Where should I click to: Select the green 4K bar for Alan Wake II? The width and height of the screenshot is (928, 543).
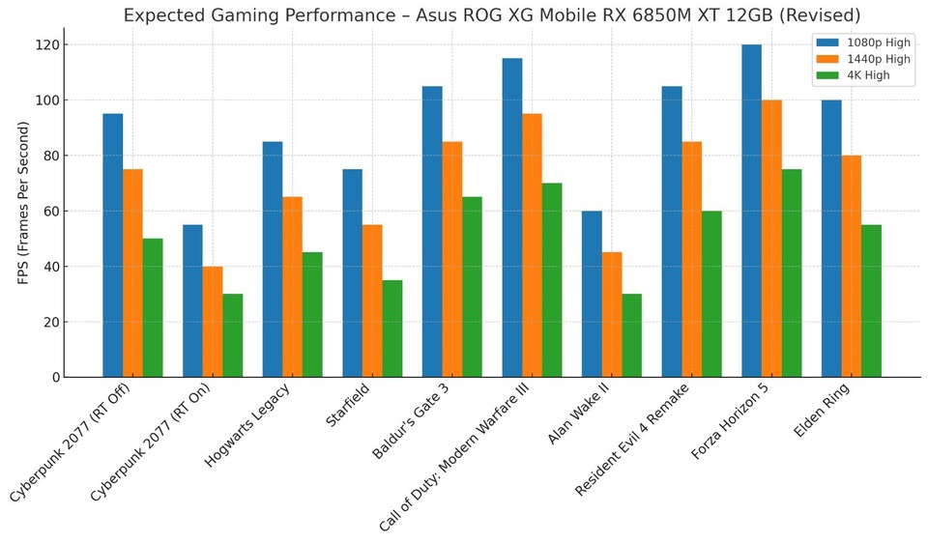pyautogui.click(x=631, y=335)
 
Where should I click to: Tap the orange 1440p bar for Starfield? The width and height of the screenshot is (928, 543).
pyautogui.click(x=372, y=300)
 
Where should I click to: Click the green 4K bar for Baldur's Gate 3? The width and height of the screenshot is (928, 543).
pyautogui.click(x=472, y=287)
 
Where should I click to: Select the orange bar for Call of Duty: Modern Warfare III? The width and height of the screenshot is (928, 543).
pyautogui.click(x=532, y=245)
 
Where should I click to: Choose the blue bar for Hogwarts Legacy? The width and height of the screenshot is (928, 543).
pyautogui.click(x=273, y=259)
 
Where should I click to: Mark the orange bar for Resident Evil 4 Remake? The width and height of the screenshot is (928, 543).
pyautogui.click(x=691, y=259)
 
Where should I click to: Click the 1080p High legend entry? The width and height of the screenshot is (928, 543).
pyautogui.click(x=863, y=43)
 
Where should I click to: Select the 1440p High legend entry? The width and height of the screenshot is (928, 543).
pyautogui.click(x=863, y=59)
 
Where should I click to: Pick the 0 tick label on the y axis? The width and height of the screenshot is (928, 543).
pyautogui.click(x=55, y=378)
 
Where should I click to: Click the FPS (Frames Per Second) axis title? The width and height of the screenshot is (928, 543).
pyautogui.click(x=23, y=203)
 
